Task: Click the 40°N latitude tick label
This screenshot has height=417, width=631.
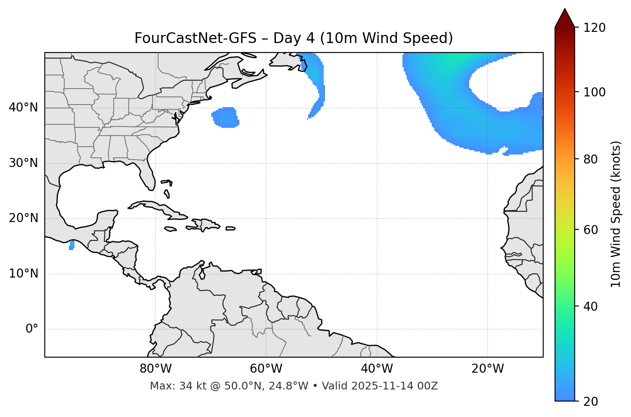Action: (x=23, y=108)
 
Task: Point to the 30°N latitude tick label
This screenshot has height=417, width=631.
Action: (x=23, y=163)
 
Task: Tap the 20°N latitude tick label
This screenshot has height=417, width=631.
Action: (x=23, y=218)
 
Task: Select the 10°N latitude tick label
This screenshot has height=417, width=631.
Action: (x=23, y=274)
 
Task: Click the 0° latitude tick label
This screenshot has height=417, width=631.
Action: (x=32, y=329)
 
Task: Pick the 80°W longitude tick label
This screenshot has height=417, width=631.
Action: (x=155, y=369)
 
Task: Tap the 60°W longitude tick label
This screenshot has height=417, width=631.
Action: (x=266, y=369)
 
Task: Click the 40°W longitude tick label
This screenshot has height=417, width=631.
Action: (x=377, y=369)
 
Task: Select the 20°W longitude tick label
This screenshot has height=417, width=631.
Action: (x=488, y=369)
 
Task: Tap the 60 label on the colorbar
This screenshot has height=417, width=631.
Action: (x=589, y=230)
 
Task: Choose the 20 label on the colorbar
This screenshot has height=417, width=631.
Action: (x=589, y=401)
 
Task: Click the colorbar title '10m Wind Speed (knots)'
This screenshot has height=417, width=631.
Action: (x=616, y=214)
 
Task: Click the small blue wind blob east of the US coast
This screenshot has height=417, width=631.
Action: (x=225, y=117)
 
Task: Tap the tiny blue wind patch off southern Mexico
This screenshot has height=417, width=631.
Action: (x=72, y=245)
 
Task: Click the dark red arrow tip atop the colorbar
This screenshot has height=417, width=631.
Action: (x=565, y=16)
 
